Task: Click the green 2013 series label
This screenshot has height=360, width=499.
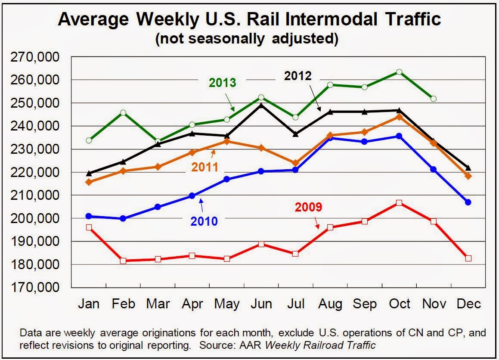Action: tap(223, 83)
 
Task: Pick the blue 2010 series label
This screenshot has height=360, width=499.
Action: tap(204, 221)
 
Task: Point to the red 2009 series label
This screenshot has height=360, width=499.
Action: tap(308, 207)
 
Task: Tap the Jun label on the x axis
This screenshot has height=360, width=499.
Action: tap(262, 304)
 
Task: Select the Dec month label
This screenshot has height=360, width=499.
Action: tap(468, 304)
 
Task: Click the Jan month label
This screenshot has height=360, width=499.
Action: tap(89, 304)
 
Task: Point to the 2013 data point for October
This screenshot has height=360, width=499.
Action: tap(399, 72)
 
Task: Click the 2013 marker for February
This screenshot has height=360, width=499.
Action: tap(123, 113)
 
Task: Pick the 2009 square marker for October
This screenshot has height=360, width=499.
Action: tap(399, 203)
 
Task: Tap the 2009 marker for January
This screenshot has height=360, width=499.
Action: tap(89, 227)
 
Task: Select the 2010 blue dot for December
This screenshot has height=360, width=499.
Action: tap(468, 202)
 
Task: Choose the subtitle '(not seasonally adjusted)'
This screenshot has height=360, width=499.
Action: tap(246, 39)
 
